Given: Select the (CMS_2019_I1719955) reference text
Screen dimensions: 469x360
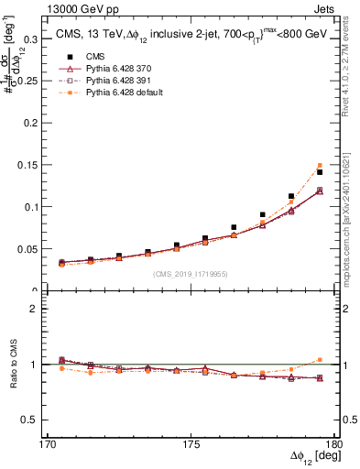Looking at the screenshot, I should click(190, 273).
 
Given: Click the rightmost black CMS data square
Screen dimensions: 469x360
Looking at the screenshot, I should click(320, 172).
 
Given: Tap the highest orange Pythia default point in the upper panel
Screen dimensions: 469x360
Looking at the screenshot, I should click(320, 166).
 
